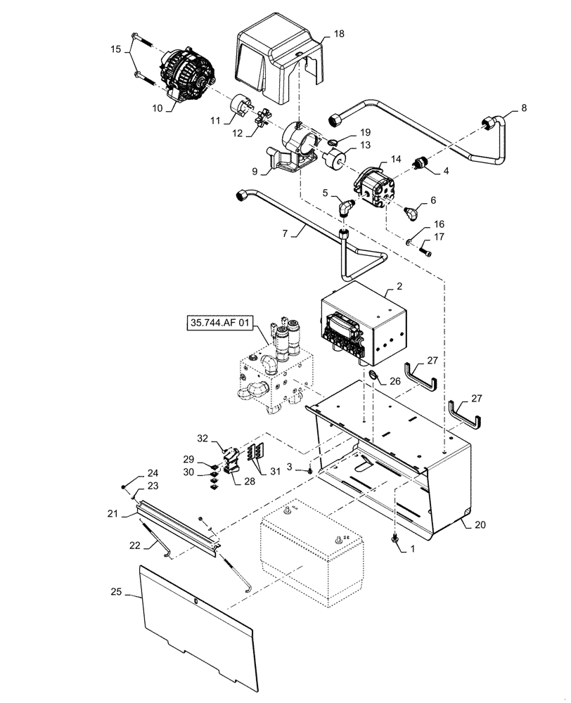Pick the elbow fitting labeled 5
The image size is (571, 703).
point(345,207)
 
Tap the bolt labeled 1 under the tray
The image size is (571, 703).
point(394,538)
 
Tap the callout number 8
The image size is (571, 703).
point(522,108)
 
